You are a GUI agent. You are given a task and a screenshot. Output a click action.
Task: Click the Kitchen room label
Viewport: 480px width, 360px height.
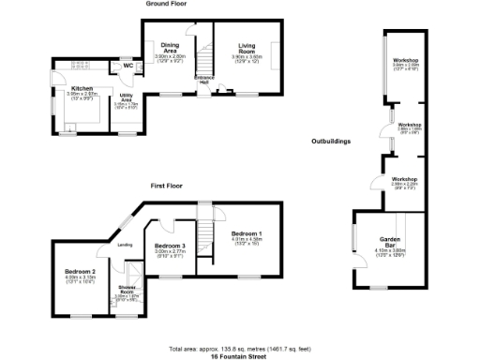(80, 88)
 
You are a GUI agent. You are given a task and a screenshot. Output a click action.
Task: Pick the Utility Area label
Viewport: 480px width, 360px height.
(125, 95)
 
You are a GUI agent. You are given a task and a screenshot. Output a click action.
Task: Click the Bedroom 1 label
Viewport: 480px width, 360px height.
(247, 232)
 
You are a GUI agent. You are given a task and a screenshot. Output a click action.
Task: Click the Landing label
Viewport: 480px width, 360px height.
(123, 246)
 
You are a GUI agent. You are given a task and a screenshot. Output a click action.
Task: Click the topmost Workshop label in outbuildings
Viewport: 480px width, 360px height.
(405, 61)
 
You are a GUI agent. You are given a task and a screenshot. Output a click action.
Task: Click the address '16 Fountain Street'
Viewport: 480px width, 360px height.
(240, 355)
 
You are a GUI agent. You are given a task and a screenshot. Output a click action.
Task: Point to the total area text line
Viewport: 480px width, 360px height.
(240, 348)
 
